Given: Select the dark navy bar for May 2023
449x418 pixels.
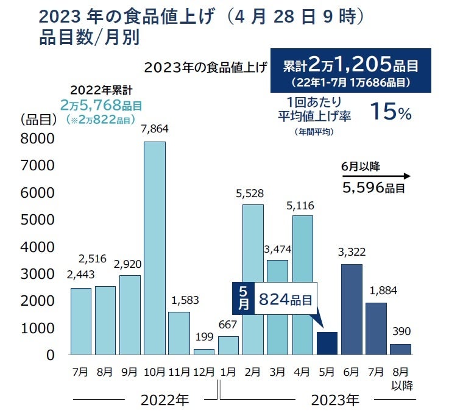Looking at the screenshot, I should (x=327, y=344).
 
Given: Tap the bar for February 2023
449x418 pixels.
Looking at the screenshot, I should (x=253, y=279).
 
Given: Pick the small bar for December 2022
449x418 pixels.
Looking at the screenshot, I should (x=203, y=351).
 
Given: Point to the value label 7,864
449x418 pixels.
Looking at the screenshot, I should (x=154, y=129).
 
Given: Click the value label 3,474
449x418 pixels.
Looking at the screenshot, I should (x=278, y=248).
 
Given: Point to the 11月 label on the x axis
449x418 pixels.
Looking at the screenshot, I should (x=179, y=372).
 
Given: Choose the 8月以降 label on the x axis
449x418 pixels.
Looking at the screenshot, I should (x=400, y=378).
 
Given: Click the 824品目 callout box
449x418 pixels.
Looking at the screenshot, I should (x=285, y=299).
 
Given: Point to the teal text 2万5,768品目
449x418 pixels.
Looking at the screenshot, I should (x=101, y=106).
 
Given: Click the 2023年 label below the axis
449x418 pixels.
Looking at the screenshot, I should (x=334, y=401).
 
